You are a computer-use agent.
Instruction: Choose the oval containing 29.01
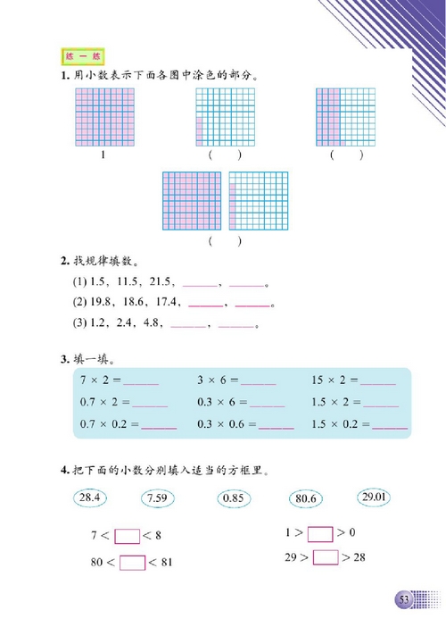click(374, 496)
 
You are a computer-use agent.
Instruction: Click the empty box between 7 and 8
click(128, 537)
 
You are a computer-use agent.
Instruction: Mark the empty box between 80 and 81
click(132, 563)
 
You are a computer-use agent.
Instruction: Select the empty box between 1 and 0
click(319, 534)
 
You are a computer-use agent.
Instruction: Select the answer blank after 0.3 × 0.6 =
click(276, 427)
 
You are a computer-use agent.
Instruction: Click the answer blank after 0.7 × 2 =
click(151, 405)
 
